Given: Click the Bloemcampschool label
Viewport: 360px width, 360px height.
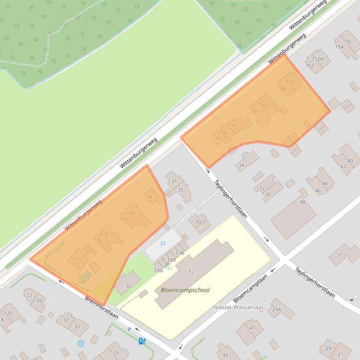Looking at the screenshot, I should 185,290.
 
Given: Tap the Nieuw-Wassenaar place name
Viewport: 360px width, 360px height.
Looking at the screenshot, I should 238,307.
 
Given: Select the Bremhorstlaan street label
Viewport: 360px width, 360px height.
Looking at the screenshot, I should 101,307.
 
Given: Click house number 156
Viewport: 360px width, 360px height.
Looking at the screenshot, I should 347,41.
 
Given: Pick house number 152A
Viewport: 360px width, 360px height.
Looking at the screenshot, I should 317,59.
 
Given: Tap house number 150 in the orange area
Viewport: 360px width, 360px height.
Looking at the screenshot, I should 290,81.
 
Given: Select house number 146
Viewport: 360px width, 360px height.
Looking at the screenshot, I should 264,105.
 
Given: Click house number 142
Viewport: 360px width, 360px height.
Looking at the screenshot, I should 233,125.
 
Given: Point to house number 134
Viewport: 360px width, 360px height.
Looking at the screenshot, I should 148,197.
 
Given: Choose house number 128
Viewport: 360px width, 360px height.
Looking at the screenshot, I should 104,234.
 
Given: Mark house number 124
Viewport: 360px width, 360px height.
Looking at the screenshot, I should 75,259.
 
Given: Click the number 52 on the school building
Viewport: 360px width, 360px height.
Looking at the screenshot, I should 192,272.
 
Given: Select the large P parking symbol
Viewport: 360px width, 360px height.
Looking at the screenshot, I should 163,244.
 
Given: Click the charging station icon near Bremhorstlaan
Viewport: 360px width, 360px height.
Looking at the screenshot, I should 142,341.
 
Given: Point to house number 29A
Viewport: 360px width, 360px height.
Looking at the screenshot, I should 277,310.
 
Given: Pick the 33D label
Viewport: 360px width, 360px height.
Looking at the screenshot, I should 171,260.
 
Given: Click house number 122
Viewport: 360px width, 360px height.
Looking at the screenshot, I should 28,295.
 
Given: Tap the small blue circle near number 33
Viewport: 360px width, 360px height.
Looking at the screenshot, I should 80,343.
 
